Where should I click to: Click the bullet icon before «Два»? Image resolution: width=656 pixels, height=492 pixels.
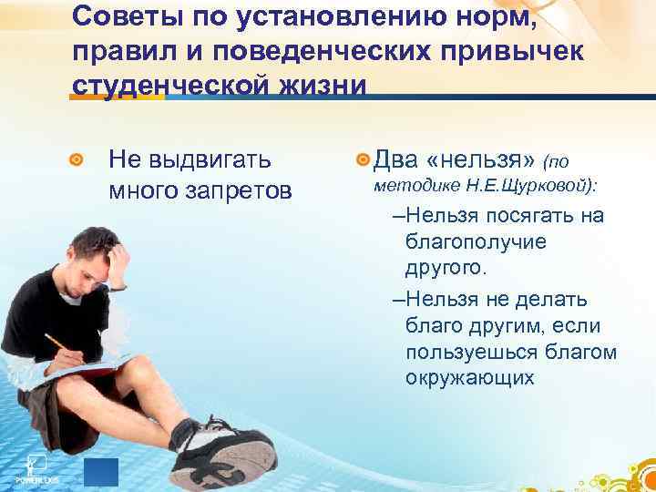click(x=364, y=161)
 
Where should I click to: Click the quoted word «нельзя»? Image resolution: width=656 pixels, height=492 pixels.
click(x=480, y=160)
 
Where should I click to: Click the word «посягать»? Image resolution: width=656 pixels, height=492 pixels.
click(x=529, y=216)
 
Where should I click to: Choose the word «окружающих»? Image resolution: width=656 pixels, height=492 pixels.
click(x=469, y=378)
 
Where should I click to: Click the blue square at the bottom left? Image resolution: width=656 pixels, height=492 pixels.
click(x=101, y=472)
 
